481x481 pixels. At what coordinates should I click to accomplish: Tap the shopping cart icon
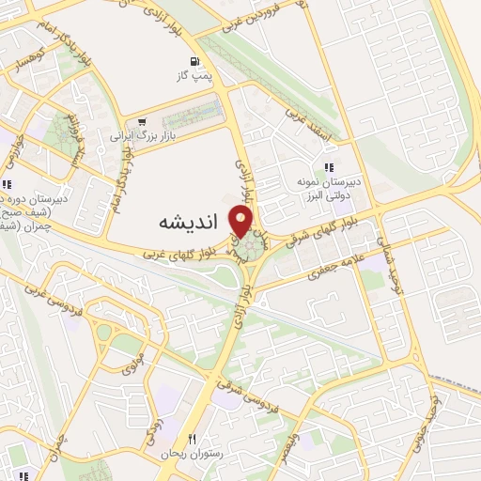pyautogui.click(x=141, y=122)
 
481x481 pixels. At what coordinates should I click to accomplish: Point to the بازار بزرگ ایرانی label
pyautogui.click(x=140, y=136)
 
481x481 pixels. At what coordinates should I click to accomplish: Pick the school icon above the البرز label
pyautogui.click(x=329, y=167)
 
